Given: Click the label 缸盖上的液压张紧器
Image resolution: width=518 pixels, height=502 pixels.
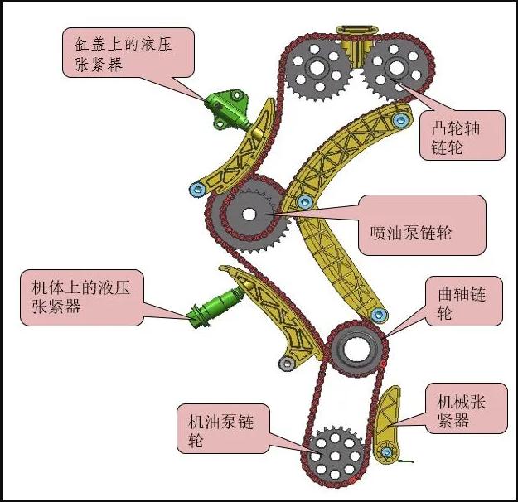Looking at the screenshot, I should pos(128,51).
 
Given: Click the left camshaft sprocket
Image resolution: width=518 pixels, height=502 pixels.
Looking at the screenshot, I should pos(321,69).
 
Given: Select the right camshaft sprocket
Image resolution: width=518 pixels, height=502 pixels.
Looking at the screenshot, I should pos(395,69).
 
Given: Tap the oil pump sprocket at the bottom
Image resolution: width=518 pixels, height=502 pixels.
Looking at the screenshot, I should pos(336,452).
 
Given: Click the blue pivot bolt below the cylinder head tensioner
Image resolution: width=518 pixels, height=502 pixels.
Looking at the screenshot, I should pos(196,191).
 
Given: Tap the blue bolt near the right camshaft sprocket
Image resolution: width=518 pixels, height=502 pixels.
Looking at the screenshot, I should pos(401,121).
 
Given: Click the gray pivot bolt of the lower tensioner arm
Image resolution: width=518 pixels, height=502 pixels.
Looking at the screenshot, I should pos(286,363).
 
